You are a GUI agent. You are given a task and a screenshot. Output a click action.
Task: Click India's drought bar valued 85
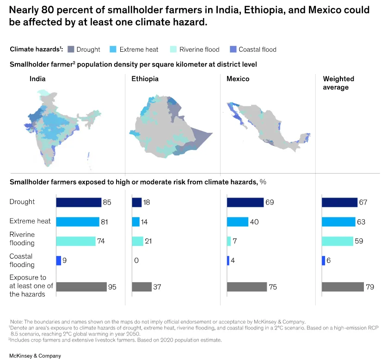[79, 202]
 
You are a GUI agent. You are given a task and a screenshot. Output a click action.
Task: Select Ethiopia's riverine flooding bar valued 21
[137, 241]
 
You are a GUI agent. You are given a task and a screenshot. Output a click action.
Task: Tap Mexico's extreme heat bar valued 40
[238, 222]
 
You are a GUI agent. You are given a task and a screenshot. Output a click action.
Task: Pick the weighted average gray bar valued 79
[343, 287]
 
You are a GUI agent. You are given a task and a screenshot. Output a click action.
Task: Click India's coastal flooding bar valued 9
[59, 261]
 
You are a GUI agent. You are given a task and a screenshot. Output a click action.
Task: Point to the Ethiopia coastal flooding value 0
[136, 261]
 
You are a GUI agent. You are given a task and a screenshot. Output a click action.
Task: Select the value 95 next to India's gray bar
[112, 287]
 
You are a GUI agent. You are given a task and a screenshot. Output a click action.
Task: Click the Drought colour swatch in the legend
[71, 50]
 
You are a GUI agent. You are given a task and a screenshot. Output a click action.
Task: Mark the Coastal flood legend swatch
[233, 50]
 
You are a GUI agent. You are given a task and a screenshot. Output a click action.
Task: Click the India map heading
[37, 79]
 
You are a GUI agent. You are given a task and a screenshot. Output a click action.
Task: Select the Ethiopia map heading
[145, 79]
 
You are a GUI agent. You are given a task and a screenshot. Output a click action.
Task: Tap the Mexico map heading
[238, 79]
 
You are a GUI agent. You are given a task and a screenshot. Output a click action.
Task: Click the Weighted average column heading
[338, 83]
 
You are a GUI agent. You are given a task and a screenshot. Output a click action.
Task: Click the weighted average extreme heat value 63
[361, 222]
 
